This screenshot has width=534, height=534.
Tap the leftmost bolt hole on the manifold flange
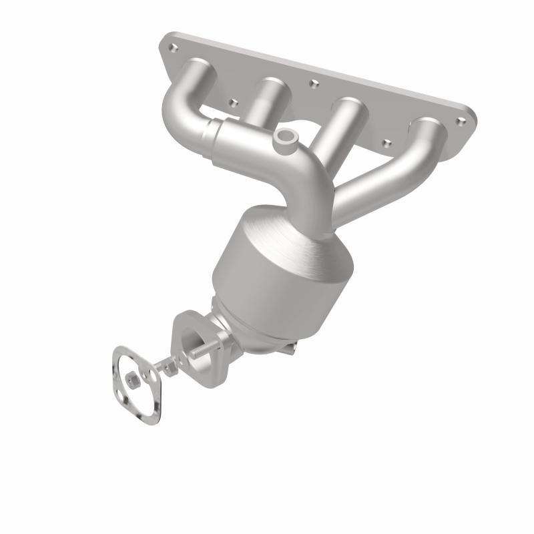173,47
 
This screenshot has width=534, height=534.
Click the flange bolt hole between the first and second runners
233,103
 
